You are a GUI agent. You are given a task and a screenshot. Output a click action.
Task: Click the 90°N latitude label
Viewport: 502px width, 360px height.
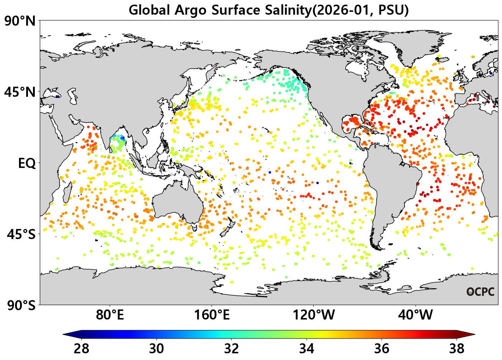click(20, 22)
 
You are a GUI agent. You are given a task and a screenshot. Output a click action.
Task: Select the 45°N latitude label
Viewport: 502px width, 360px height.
click(20, 92)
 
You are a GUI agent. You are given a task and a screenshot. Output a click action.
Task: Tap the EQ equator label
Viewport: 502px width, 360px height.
click(27, 163)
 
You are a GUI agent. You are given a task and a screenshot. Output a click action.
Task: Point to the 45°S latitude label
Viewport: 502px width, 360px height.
click(21, 234)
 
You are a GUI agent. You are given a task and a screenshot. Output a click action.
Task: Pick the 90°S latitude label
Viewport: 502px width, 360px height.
click(21, 305)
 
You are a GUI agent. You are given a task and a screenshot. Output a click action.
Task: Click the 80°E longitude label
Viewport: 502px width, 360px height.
click(110, 315)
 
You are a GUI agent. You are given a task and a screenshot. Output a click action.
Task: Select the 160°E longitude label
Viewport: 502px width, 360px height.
click(212, 315)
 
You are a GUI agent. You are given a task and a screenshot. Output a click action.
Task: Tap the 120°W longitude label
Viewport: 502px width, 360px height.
click(314, 315)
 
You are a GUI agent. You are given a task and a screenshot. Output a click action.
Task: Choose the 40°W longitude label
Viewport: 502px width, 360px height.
click(416, 315)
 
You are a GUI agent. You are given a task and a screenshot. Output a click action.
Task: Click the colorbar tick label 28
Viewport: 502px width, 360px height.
click(81, 349)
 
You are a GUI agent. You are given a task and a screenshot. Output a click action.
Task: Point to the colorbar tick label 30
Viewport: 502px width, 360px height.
click(156, 349)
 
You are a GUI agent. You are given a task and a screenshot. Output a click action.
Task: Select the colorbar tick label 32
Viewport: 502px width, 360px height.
click(232, 349)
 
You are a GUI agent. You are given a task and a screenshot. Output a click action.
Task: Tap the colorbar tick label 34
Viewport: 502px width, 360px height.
click(307, 349)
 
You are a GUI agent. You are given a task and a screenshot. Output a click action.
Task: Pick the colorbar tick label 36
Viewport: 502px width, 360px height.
click(382, 349)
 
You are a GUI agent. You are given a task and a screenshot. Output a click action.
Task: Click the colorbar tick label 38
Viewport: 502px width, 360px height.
click(457, 349)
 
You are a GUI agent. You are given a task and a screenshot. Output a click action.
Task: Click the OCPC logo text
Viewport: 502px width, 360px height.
click(480, 292)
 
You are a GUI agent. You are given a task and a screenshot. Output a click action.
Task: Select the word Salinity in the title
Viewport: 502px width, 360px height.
click(288, 10)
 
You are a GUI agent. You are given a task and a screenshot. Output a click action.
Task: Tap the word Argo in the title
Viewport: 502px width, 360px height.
click(190, 10)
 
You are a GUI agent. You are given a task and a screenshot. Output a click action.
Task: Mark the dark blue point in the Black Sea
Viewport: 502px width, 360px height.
click(58, 97)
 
